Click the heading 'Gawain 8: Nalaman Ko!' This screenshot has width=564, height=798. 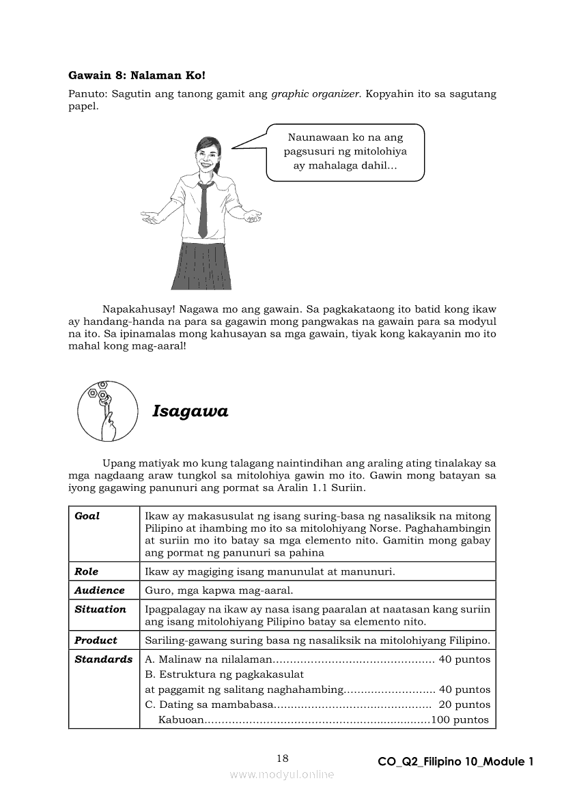[x=137, y=75]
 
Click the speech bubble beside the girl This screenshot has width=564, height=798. [x=345, y=152]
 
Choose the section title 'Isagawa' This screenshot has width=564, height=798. [x=190, y=411]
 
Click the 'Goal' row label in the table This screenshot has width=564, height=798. [x=87, y=516]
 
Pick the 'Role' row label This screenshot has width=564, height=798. [x=87, y=571]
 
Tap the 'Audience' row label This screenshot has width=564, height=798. [x=100, y=590]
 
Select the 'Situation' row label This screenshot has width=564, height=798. [x=100, y=609]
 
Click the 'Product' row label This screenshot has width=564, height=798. [x=96, y=640]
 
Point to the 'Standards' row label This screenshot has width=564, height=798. [x=104, y=659]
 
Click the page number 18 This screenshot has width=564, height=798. [x=283, y=758]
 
